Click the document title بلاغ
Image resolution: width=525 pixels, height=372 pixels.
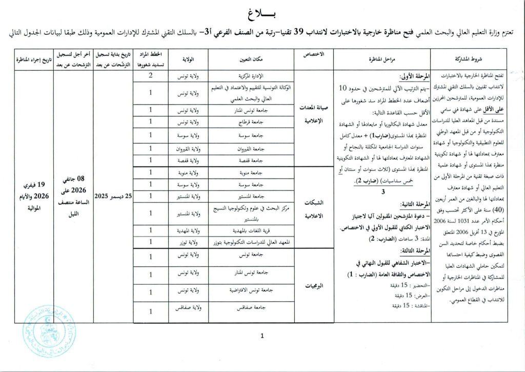tap(262, 13)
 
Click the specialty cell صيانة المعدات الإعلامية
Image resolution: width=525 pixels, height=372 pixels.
tap(314, 116)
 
